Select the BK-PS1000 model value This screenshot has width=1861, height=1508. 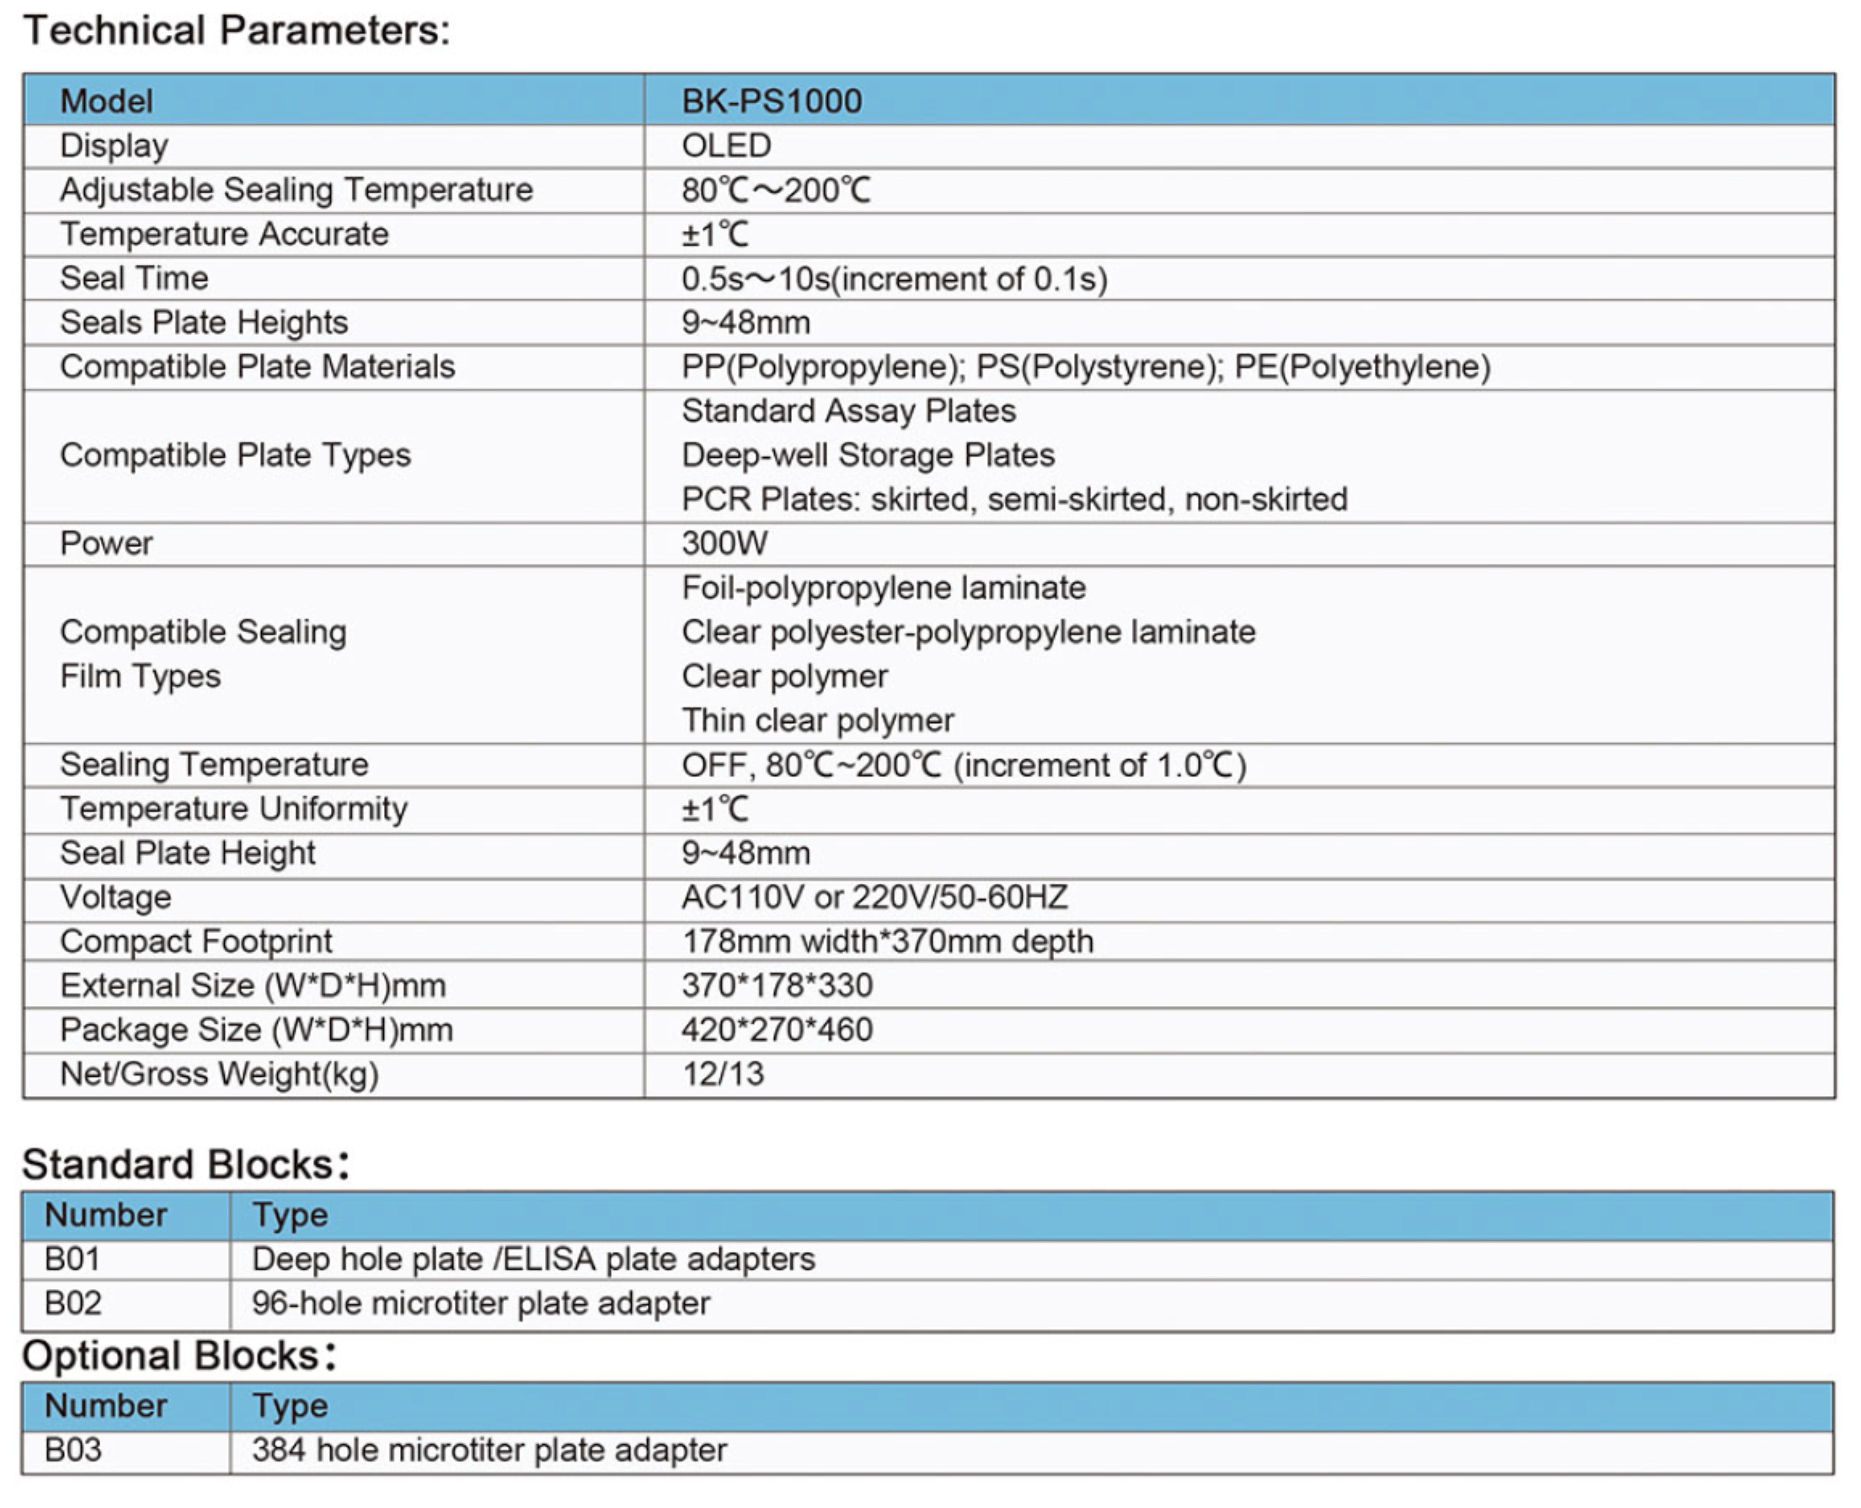[772, 101]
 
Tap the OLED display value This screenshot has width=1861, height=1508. [726, 146]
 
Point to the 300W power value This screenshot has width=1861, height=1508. [725, 544]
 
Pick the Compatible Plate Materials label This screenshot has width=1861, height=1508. [257, 367]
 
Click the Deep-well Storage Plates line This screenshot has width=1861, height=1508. [868, 455]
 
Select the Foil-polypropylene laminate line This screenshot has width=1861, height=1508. [884, 588]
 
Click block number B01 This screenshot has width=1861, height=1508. [73, 1259]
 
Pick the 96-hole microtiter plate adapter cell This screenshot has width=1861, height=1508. [481, 1304]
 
